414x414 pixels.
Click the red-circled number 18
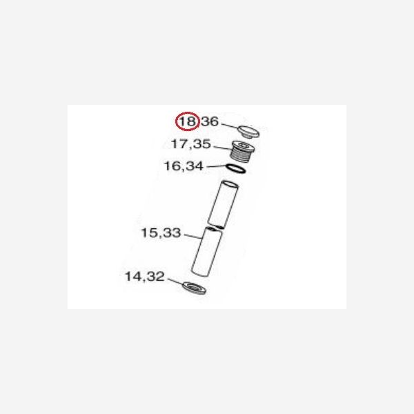pos(187,121)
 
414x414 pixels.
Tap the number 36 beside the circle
pos(210,121)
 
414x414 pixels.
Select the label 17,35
pos(191,144)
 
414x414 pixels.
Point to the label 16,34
pos(184,166)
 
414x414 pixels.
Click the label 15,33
pos(161,233)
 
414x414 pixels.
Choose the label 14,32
pos(145,277)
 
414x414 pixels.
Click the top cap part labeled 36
pos(248,132)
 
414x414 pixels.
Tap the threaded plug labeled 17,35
pos(242,150)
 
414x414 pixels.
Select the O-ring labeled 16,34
pos(236,169)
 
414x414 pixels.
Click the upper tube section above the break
pos(223,204)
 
